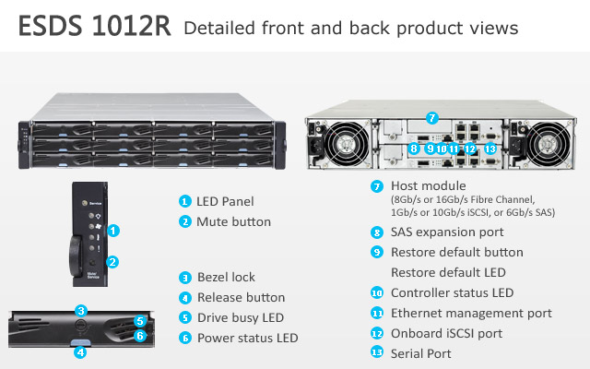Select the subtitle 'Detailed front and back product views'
(x=351, y=29)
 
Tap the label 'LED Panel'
(x=225, y=201)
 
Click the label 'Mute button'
(x=233, y=221)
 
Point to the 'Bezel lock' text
(x=226, y=277)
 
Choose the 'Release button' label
(x=241, y=297)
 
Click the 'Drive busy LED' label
(x=241, y=317)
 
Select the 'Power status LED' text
(x=247, y=338)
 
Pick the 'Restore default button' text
(x=457, y=252)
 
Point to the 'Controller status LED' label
(x=452, y=292)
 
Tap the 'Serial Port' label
(x=422, y=353)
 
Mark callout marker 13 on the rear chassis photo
(x=490, y=148)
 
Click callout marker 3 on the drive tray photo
(x=81, y=311)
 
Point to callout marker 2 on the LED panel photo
(x=112, y=262)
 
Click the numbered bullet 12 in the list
(x=377, y=333)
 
